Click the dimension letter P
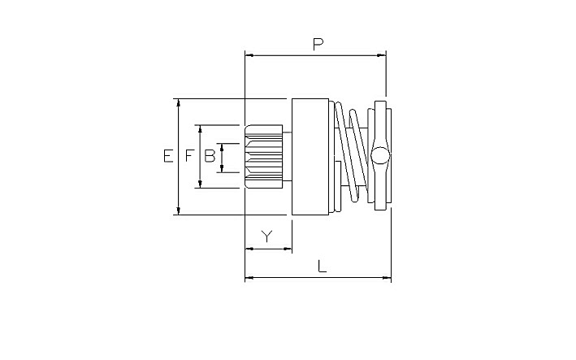[x=318, y=44]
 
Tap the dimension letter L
[x=322, y=266]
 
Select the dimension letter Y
[x=267, y=236]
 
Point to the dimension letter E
[x=168, y=156]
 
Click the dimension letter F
[x=188, y=156]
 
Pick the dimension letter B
[x=210, y=156]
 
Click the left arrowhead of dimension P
[x=249, y=55]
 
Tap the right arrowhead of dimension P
[x=382, y=55]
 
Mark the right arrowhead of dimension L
[x=387, y=278]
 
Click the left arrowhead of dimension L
[x=249, y=278]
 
